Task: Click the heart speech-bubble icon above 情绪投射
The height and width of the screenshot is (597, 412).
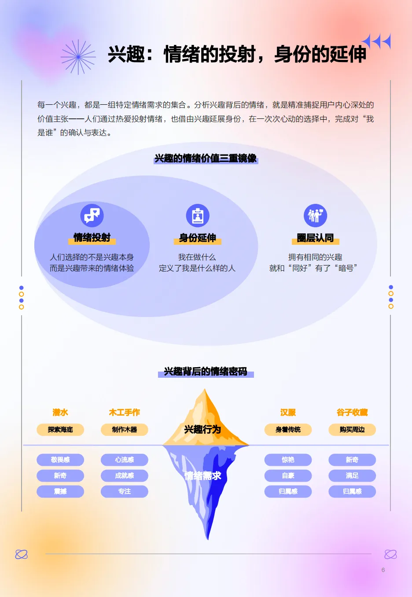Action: [92, 215]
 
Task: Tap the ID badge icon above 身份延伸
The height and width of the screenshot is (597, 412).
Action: [198, 216]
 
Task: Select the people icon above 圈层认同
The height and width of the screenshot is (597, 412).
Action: [315, 216]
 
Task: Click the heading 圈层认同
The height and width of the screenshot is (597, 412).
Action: [315, 238]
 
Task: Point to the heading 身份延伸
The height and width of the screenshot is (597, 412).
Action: [198, 238]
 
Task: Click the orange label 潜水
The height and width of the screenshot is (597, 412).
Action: [60, 413]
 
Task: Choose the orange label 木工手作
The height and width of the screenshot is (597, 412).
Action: [125, 413]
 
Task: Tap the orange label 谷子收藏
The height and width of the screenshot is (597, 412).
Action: [352, 413]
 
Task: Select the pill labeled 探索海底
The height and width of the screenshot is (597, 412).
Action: [60, 430]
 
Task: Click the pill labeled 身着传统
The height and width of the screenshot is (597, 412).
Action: [288, 430]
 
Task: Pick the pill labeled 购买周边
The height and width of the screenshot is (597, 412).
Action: [352, 430]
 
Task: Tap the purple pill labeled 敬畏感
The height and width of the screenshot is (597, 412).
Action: [60, 460]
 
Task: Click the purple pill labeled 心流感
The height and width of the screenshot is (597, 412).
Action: [125, 460]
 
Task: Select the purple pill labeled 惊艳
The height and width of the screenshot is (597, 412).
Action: [288, 460]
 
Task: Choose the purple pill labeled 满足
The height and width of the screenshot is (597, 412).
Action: [352, 475]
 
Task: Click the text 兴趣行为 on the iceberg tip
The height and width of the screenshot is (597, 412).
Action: [202, 429]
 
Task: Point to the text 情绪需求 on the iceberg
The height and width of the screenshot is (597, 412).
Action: [202, 475]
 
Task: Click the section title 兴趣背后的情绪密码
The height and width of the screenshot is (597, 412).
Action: [206, 372]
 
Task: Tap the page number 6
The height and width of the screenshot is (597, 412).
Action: [383, 570]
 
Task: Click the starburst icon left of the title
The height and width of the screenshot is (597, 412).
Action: [78, 57]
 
